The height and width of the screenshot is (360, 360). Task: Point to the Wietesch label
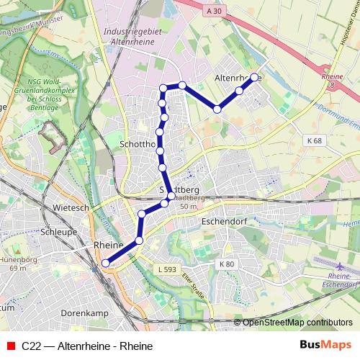(x=70, y=208)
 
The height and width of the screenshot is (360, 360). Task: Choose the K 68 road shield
(x=312, y=140)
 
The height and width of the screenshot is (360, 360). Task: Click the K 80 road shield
(x=228, y=264)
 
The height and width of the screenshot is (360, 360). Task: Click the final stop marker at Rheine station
(x=106, y=264)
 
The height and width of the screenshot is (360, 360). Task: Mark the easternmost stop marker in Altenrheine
(x=254, y=77)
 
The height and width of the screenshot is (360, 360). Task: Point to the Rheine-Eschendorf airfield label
(x=341, y=281)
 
